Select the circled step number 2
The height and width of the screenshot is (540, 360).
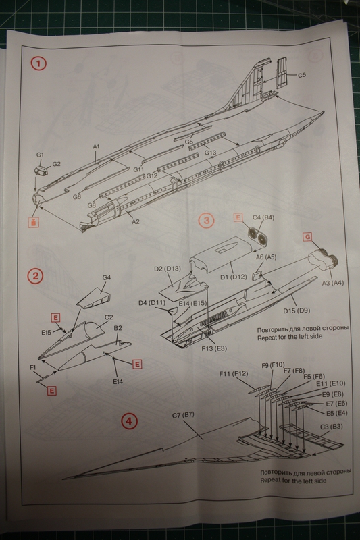pos(35,277)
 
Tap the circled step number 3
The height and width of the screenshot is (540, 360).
pos(207,221)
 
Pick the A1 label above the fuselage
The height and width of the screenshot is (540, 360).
pos(96,146)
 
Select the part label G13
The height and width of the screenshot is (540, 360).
pos(210,153)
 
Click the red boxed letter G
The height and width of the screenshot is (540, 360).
pos(307,237)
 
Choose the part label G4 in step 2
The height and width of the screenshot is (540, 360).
pos(106,277)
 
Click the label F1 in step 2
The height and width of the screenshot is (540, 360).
pos(33,367)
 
